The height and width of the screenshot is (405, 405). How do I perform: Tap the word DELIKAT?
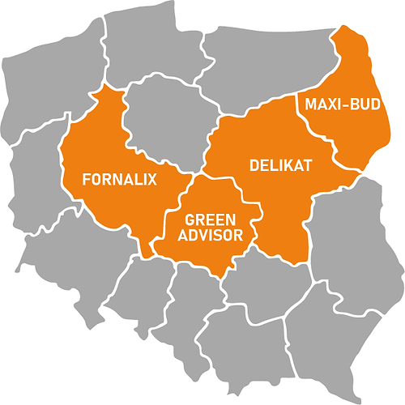270,164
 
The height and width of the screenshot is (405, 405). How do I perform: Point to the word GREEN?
210,220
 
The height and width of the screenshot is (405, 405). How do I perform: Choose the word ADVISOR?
210,236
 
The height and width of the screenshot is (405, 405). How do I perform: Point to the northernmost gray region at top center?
146,40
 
